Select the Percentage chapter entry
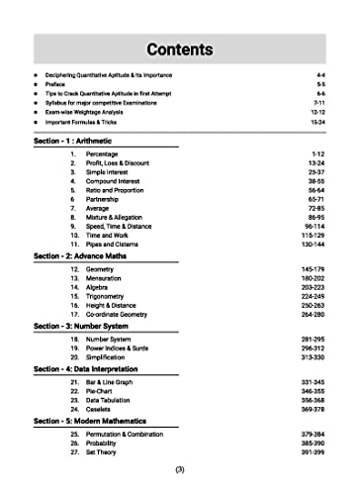[103, 155]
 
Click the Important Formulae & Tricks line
[88, 123]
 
